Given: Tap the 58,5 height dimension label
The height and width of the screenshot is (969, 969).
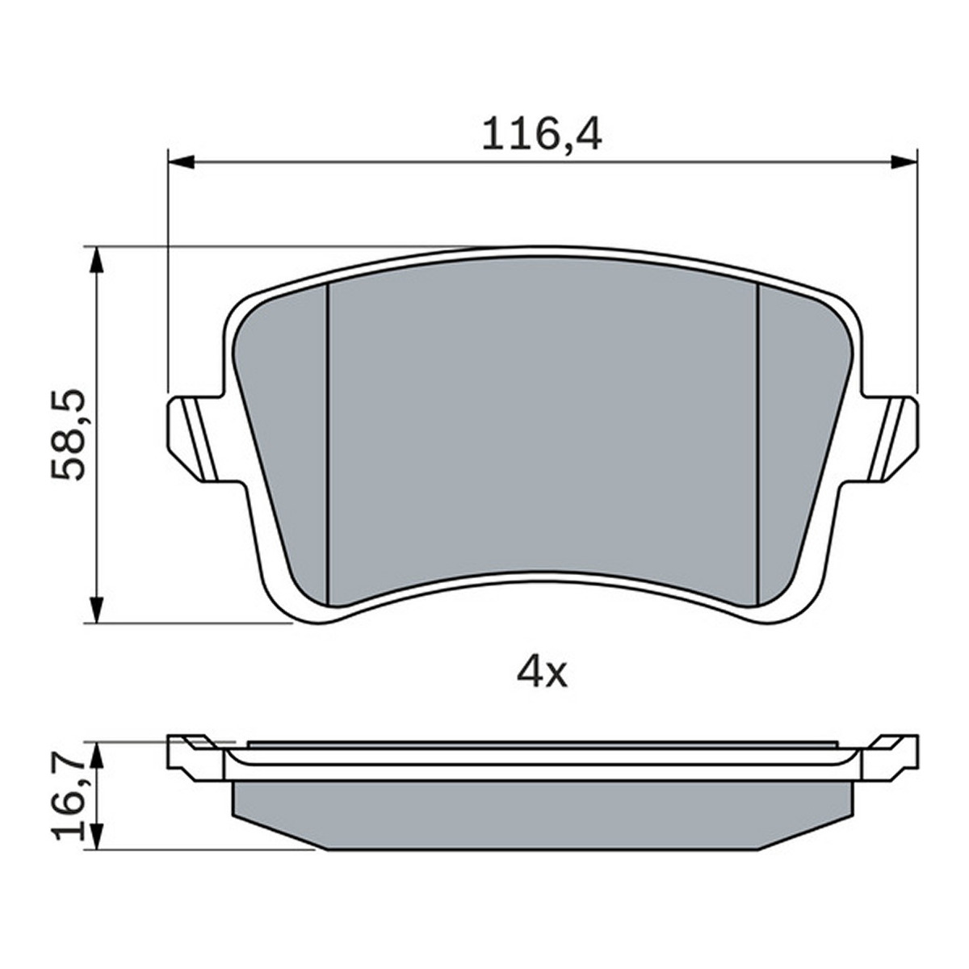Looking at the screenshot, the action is tap(69, 434).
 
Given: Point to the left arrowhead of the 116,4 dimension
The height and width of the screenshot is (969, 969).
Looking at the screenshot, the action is tap(181, 162).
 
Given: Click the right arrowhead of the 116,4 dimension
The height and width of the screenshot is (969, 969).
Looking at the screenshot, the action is tap(904, 162).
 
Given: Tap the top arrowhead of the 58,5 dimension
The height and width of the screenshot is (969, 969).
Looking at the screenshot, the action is tap(97, 261).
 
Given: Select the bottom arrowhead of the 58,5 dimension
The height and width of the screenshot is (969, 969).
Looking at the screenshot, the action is tap(97, 610).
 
